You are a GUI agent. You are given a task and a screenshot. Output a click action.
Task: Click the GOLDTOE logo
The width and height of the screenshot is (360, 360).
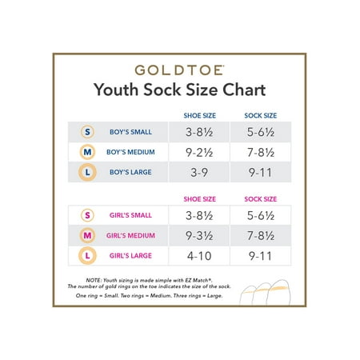(x=179, y=70)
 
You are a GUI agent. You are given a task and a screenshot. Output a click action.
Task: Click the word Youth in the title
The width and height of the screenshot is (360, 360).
(x=116, y=90)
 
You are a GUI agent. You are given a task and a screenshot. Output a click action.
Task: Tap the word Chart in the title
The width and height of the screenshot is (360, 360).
(x=244, y=90)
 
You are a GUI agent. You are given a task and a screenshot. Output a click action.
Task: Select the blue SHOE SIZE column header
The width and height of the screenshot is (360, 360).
(x=200, y=115)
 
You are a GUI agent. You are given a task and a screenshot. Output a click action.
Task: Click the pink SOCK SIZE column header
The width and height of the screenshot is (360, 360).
(x=261, y=199)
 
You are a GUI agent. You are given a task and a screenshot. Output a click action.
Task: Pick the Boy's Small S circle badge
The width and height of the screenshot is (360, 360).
(x=87, y=132)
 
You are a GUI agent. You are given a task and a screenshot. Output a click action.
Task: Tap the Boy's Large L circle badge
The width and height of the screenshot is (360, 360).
(x=87, y=172)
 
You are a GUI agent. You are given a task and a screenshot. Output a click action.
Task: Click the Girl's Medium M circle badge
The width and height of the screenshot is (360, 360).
(x=87, y=235)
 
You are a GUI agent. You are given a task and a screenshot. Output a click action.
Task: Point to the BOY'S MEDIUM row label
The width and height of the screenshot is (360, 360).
(x=130, y=152)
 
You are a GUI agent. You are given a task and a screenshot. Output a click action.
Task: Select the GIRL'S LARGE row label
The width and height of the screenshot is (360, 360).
(x=130, y=256)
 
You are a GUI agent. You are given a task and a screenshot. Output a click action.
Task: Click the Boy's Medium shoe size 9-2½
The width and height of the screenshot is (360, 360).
(x=199, y=152)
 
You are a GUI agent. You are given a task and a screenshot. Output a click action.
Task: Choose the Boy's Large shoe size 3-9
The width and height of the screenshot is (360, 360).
(x=199, y=173)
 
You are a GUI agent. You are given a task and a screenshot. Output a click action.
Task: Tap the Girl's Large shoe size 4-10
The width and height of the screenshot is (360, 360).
(x=199, y=256)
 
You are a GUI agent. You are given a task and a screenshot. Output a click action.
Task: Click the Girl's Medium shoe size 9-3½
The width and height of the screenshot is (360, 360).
(x=199, y=236)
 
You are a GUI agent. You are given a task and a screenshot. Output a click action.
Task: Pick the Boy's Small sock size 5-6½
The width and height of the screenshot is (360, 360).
(x=261, y=132)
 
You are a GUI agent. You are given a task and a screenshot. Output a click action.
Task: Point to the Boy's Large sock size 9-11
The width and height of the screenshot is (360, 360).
(x=260, y=173)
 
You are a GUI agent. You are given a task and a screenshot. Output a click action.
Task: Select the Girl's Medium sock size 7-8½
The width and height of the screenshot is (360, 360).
(x=261, y=236)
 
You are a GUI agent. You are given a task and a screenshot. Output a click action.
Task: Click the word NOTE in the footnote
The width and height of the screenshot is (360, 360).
(x=94, y=280)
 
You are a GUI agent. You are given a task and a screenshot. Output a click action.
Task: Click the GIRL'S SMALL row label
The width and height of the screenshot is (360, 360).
(x=130, y=215)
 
